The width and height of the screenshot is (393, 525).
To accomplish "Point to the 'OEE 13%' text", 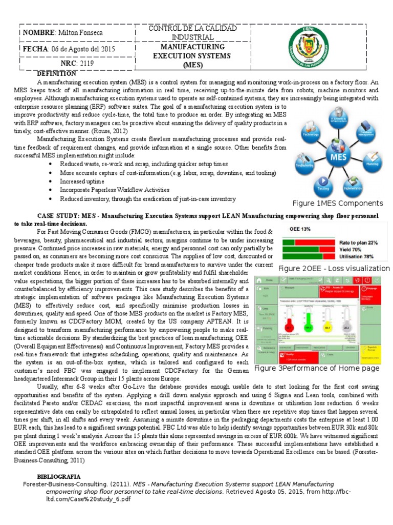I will coord(300,229).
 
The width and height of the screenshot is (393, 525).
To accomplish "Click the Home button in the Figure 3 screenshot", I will coord(266,280).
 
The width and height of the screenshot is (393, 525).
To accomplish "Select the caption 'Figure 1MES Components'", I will coord(337,203).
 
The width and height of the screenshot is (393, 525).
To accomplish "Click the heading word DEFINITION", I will coord(57,74).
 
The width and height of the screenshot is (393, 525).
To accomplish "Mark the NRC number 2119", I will coord(88,64).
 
